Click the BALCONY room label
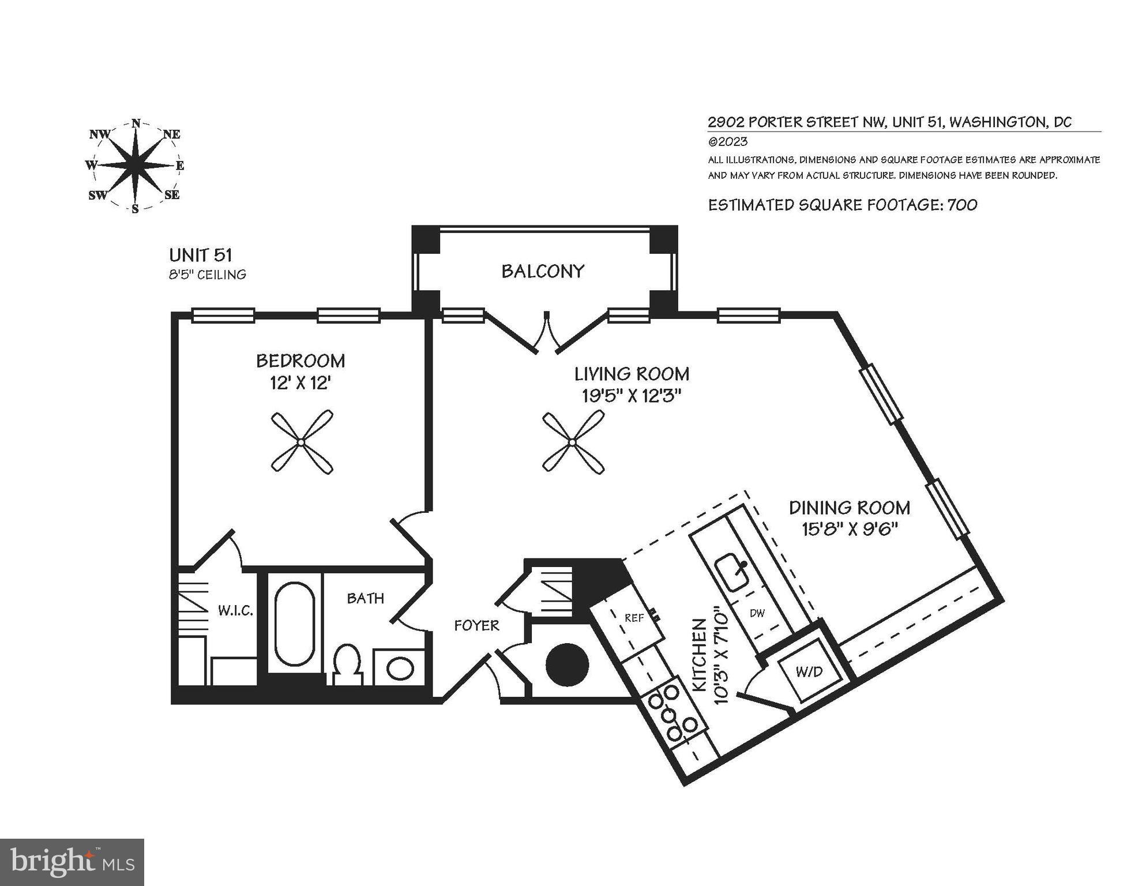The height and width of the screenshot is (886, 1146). pos(542,271)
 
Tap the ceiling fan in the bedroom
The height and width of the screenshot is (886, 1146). pos(302,442)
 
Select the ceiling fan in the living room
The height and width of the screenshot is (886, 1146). pos(572,442)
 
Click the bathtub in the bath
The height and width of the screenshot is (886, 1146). pos(295,624)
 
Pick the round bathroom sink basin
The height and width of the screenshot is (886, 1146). pos(399,669)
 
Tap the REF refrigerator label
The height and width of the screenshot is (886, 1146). pos(634,618)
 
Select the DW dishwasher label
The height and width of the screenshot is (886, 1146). pos(757,613)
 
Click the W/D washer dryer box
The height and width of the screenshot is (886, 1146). pos(809,671)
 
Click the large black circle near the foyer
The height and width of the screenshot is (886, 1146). pos(568,664)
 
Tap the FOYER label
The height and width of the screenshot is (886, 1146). pos(476,625)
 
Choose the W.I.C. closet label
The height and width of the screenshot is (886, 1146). pos(235,610)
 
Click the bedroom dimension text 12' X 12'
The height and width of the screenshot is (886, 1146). pos(300,383)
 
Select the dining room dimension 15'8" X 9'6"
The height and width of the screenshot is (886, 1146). pos(851,529)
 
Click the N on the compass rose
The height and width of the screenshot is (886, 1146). pos(136,123)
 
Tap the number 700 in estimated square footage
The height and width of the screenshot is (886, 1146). pos(962,205)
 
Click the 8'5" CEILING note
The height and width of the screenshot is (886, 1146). pos(208,275)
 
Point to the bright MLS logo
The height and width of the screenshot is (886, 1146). pos(72,862)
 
